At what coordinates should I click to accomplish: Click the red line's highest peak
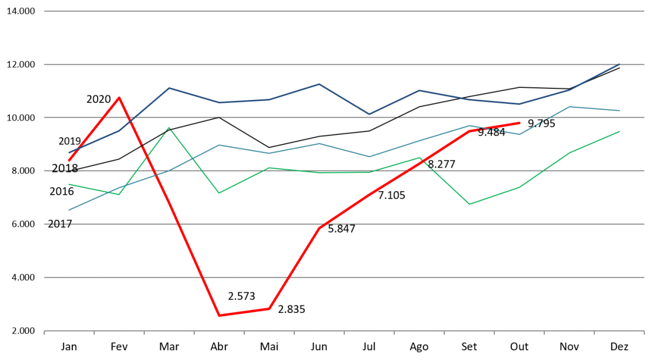119,98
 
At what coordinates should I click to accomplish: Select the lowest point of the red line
219,315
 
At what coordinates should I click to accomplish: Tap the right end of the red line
519,123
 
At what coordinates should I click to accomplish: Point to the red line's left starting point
69,160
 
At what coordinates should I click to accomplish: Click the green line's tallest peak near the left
169,127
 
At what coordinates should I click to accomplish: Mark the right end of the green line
619,131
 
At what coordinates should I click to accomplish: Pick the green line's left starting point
69,184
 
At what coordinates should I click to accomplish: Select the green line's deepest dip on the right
469,204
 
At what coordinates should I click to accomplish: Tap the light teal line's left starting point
69,210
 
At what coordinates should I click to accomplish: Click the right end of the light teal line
619,110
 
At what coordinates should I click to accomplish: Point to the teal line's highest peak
569,107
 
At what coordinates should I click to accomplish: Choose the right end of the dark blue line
619,64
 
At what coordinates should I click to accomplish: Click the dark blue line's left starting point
69,153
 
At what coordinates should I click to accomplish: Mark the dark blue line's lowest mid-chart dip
369,114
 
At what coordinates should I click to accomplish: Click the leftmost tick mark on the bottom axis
44,332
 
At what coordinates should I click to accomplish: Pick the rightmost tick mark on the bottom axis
644,332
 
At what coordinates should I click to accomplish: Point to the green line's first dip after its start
119,194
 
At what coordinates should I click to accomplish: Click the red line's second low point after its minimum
269,309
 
